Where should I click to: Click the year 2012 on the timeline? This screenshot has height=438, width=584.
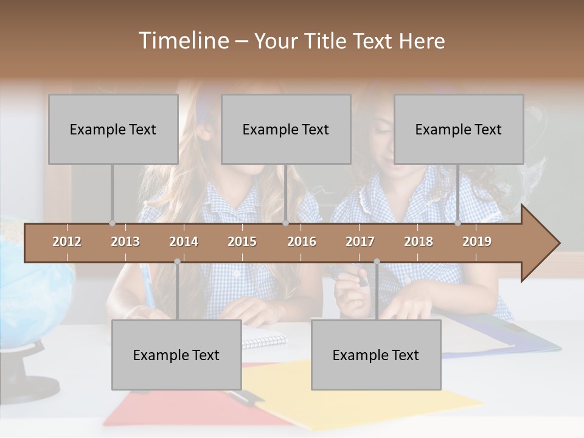coord(67,242)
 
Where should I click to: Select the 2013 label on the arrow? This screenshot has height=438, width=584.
coord(125,242)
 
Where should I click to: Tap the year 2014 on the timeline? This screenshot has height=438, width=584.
coord(184,242)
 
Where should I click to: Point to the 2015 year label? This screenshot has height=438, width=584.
coord(242,242)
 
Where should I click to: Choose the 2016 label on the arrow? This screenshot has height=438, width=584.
coord(302,242)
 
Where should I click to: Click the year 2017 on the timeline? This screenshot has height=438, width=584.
coord(360,242)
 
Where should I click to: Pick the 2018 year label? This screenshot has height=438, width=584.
coord(419,242)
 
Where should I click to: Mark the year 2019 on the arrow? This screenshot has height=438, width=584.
coord(477,242)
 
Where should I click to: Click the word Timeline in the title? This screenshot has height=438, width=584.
coord(182,41)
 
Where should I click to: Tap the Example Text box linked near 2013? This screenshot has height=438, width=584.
coord(113,129)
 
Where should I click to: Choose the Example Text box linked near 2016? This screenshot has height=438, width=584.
coord(286,129)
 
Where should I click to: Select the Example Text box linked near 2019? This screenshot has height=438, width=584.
coord(459,129)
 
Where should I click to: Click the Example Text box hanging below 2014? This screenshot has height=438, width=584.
coord(176,355)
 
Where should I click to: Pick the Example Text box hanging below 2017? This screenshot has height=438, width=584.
coord(376,355)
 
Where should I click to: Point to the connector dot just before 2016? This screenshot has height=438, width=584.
coord(286,223)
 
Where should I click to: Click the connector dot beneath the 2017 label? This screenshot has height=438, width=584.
coord(377,262)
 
